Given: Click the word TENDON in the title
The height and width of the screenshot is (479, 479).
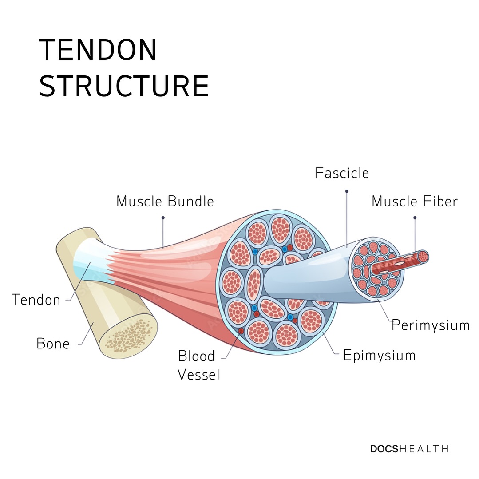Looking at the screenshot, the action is pos(98,50).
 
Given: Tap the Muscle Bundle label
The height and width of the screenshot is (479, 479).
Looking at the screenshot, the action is pos(165,201).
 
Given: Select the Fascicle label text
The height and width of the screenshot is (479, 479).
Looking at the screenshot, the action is pos(342,173).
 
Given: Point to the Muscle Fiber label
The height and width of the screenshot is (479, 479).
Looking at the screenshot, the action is pos(415,201).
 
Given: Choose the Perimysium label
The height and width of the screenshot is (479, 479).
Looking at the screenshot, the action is pos(431,325).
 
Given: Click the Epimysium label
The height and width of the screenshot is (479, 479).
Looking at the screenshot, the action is pos(379,356).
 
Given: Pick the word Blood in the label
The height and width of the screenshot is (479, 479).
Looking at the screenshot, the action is pos(196,356).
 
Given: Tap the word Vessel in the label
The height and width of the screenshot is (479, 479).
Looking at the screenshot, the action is pos(198,375).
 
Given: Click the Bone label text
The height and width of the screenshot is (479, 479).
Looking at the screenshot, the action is pos(53,344).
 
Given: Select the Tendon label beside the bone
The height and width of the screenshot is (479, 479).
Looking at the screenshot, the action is pos(36,300).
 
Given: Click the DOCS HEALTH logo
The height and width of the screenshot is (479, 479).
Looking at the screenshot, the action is pos(409,449).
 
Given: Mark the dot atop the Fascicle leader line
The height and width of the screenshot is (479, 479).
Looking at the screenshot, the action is pos(347,191).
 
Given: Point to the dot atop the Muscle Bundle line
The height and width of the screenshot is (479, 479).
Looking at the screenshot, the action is pos(163,218).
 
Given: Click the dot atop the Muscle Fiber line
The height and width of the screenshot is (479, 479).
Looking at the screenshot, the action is pos(415,218).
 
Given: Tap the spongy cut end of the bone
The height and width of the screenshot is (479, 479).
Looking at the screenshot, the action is pos(129,336).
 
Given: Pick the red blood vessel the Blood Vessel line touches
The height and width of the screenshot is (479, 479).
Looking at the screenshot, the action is pos(241,331).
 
